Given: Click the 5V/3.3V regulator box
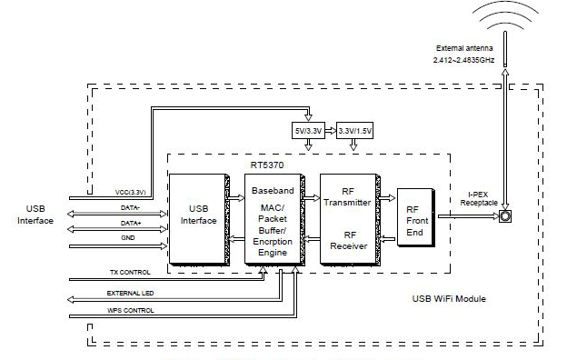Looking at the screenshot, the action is [x=308, y=131].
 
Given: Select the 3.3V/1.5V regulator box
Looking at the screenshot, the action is [x=354, y=131].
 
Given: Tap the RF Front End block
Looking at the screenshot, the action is [x=416, y=217].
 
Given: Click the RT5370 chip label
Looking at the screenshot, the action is [x=267, y=165].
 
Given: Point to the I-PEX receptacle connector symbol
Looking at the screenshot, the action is [x=505, y=216].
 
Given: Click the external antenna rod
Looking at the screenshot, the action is [x=505, y=49].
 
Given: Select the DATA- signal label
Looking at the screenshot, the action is [x=130, y=208].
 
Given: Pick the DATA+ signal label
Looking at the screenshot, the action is [x=131, y=224].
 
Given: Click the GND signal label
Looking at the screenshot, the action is [x=127, y=237].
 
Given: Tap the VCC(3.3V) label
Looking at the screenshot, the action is [x=131, y=192].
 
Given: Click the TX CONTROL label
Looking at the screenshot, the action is [x=130, y=272].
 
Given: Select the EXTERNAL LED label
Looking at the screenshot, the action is [x=130, y=293].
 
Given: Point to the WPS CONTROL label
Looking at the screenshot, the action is [x=131, y=310].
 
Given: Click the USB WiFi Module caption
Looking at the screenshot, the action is [x=449, y=299].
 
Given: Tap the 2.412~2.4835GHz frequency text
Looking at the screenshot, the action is [x=464, y=60].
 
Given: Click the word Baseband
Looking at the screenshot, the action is [x=273, y=191].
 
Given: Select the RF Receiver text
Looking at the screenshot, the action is [x=349, y=241].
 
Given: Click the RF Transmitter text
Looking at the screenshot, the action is [x=347, y=197].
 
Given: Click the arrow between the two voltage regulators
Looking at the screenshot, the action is [x=331, y=131].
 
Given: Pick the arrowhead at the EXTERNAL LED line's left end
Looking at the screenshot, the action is [x=71, y=300].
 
